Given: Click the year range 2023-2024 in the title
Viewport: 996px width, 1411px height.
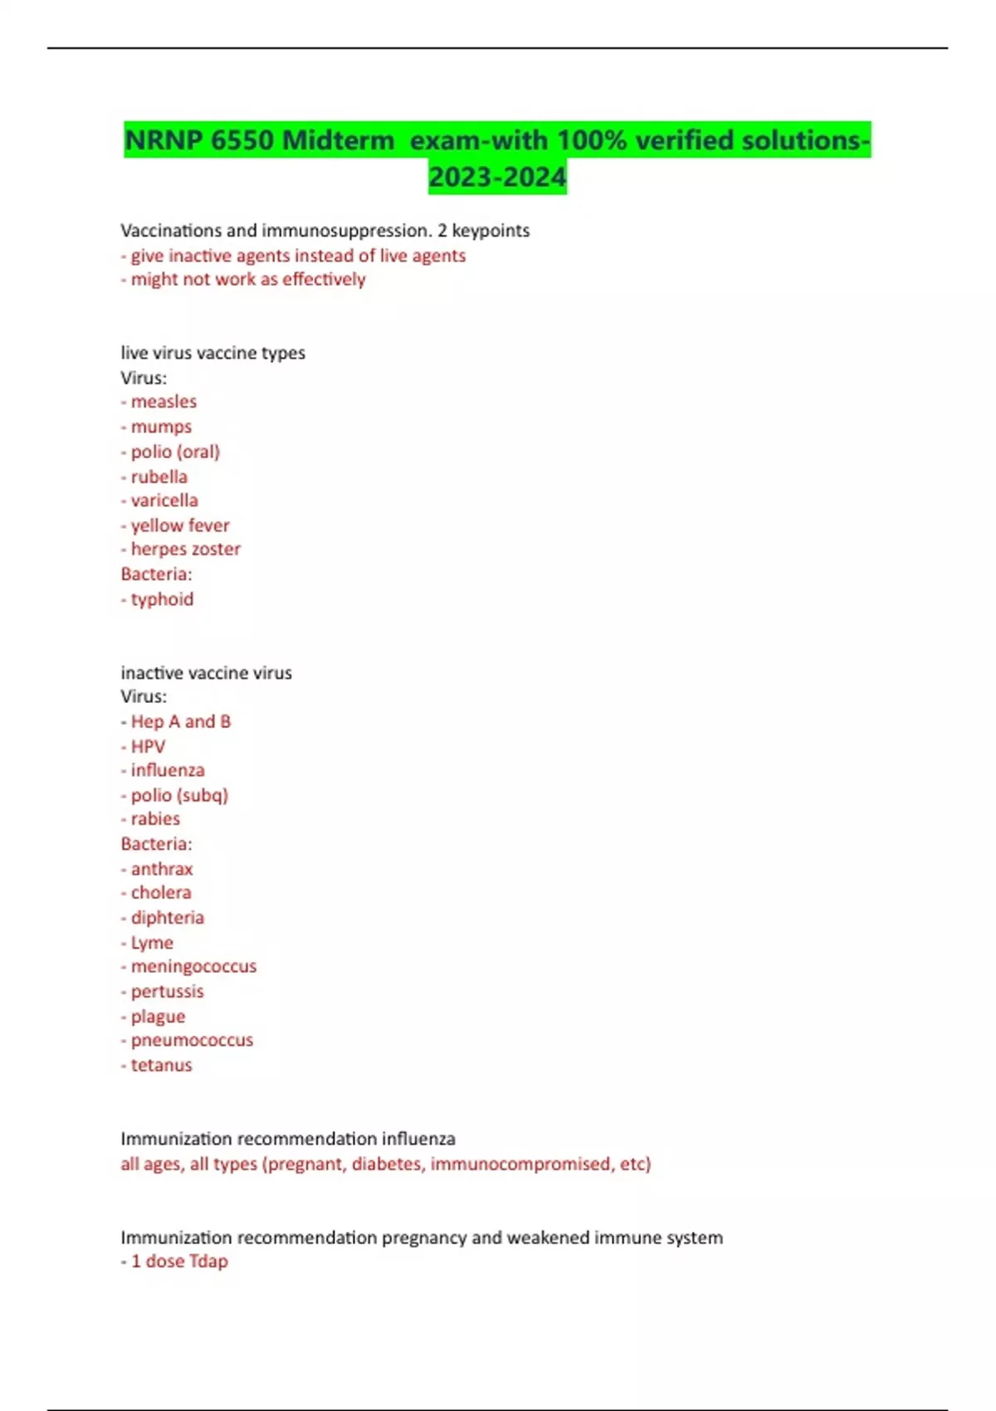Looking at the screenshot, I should (x=497, y=177).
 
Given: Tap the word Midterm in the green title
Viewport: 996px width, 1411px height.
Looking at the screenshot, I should (x=338, y=140).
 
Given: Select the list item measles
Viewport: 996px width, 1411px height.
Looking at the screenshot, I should (x=164, y=402).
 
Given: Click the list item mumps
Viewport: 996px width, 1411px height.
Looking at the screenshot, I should (x=161, y=427).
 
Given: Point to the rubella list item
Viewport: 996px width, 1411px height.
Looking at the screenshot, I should (x=159, y=476).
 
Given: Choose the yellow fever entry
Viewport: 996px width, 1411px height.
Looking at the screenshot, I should (x=179, y=525).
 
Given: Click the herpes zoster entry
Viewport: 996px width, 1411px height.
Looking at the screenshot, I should (x=185, y=549).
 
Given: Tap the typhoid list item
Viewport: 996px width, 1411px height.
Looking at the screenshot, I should (x=162, y=599).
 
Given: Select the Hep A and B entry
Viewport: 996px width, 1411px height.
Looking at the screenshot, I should (x=180, y=721).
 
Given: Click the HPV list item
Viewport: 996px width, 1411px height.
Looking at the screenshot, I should (x=148, y=746).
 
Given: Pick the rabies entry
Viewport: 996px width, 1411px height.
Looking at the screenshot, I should (x=155, y=818).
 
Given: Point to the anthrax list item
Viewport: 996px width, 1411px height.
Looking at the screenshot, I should (x=161, y=869).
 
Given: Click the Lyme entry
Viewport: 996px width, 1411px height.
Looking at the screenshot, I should (x=152, y=943).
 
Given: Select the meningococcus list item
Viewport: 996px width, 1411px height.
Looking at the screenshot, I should (x=193, y=966).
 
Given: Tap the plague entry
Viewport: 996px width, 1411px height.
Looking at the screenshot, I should (x=158, y=1016).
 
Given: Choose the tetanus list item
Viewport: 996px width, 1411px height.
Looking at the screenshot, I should (x=161, y=1065).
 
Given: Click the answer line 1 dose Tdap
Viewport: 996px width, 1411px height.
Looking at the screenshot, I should (x=178, y=1261).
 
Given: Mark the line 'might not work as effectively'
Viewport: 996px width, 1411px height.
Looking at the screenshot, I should (x=247, y=279).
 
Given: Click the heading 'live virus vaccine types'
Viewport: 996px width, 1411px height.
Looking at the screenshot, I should (x=212, y=353).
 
